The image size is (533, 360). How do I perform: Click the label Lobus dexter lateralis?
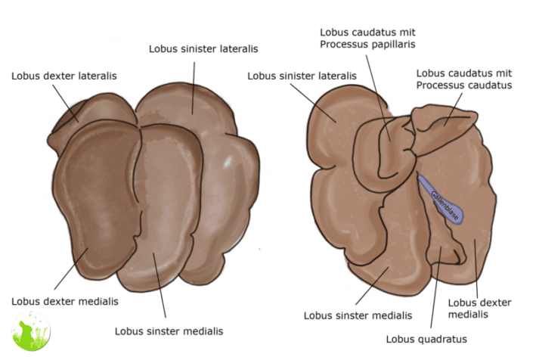click(x=64, y=76)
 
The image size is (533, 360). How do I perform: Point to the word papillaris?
click(x=393, y=45)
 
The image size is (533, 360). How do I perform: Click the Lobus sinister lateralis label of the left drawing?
click(x=203, y=48)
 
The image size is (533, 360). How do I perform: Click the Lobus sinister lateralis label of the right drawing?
click(x=302, y=76)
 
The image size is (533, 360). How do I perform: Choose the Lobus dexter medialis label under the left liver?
click(x=65, y=301)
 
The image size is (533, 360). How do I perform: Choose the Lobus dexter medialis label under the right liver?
click(x=479, y=309)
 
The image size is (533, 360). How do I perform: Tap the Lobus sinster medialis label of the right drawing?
click(x=358, y=315)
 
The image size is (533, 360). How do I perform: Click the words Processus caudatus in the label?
click(x=463, y=85)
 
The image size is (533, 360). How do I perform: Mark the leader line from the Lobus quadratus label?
click(x=435, y=295)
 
